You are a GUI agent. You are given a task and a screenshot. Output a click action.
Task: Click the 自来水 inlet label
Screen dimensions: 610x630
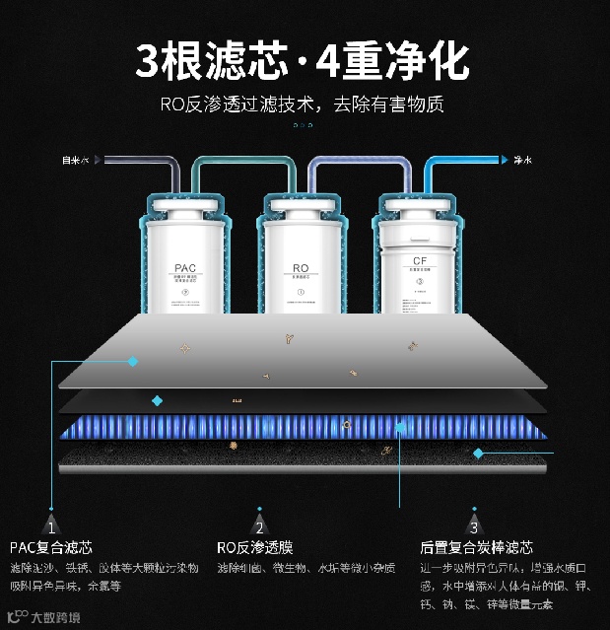(76, 160)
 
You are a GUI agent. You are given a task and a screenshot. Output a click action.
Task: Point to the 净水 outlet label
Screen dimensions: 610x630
(522, 160)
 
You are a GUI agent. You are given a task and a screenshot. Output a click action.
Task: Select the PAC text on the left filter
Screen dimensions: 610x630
(185, 267)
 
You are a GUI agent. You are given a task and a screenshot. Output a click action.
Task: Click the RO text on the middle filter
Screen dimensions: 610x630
(302, 267)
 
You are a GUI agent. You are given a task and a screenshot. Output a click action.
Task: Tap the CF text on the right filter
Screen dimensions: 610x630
(419, 261)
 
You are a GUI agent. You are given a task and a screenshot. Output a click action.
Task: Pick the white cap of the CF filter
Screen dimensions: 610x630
(419, 206)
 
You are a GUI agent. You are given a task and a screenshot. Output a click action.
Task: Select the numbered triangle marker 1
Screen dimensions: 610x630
(51, 527)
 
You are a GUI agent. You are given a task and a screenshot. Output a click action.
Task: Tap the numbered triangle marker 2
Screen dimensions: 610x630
(259, 527)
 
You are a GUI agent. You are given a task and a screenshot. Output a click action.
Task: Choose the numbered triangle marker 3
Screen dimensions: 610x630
(474, 527)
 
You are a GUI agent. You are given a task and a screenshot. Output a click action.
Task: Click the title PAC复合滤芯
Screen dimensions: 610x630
(51, 548)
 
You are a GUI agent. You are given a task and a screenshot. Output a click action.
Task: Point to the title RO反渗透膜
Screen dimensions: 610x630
(254, 548)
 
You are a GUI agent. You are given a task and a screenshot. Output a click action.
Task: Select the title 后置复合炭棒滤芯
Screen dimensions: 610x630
(476, 548)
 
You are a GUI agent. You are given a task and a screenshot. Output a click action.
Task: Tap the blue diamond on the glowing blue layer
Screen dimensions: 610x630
(400, 428)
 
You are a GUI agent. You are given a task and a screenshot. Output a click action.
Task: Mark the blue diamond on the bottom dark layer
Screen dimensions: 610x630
(478, 454)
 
